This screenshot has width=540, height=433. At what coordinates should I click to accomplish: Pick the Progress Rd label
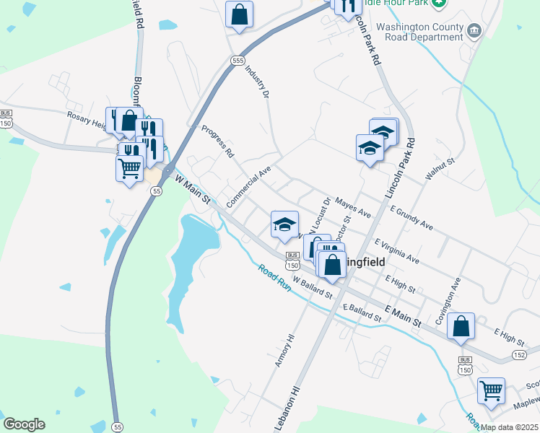(218, 143)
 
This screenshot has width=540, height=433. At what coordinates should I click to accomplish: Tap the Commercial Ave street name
(248, 188)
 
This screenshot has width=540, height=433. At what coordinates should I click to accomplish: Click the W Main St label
(192, 188)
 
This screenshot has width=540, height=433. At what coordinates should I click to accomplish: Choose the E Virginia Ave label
(397, 250)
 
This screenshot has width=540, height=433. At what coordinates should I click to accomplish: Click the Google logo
(24, 424)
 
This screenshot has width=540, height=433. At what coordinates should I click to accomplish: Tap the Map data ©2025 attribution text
(509, 427)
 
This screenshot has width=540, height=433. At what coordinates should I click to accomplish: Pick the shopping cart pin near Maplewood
(491, 391)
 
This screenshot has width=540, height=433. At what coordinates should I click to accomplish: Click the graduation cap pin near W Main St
(284, 224)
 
